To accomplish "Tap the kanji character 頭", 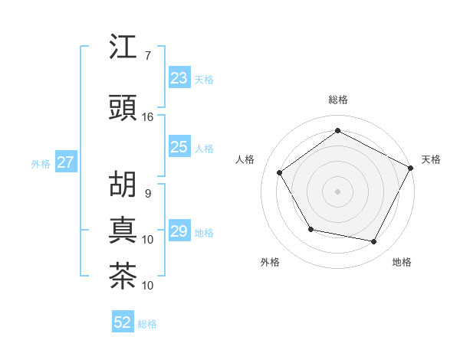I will (x=123, y=109).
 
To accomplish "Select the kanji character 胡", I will (x=123, y=185).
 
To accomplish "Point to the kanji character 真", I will (x=123, y=230).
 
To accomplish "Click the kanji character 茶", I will (x=123, y=276).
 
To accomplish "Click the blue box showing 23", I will (x=179, y=78).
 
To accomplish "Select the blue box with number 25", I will (x=179, y=148).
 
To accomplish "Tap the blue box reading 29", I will (x=179, y=231).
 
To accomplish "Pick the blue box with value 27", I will (x=66, y=162).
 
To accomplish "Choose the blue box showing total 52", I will (x=123, y=323).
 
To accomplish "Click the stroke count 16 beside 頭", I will (x=148, y=117).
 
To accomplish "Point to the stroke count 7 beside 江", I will (x=147, y=56).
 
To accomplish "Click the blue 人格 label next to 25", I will (x=204, y=149).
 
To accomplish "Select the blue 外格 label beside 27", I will (x=41, y=163).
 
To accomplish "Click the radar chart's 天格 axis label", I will (x=431, y=159).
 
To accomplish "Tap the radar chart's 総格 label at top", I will (x=337, y=100).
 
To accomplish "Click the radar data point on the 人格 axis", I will (x=280, y=173).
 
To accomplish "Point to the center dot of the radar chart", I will (x=337, y=191).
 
